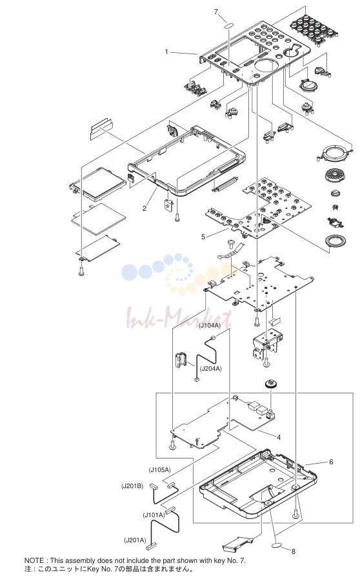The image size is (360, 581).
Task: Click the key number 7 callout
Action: pyautogui.click(x=215, y=12)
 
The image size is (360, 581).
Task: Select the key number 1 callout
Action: pyautogui.click(x=166, y=52)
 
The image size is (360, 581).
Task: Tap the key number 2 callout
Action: pyautogui.click(x=145, y=209)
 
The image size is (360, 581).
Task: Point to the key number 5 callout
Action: pyautogui.click(x=203, y=237)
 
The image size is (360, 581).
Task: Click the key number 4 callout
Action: pyautogui.click(x=279, y=437)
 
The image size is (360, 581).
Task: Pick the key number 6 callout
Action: pyautogui.click(x=331, y=462)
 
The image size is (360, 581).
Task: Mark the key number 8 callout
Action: pyautogui.click(x=294, y=551)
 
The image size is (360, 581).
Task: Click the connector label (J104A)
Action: pyautogui.click(x=210, y=326)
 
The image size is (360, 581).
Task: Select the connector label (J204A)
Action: pyautogui.click(x=210, y=368)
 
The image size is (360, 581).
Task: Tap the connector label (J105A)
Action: pyautogui.click(x=160, y=470)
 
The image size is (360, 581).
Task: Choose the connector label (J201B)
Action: pyautogui.click(x=132, y=486)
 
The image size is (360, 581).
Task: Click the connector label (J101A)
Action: pyautogui.click(x=154, y=515)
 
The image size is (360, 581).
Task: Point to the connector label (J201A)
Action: pyautogui.click(x=135, y=540)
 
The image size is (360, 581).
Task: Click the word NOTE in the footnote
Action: pyautogui.click(x=34, y=560)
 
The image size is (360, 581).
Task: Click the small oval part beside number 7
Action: pyautogui.click(x=229, y=26)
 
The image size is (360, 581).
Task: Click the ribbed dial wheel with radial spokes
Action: pyautogui.click(x=334, y=175)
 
